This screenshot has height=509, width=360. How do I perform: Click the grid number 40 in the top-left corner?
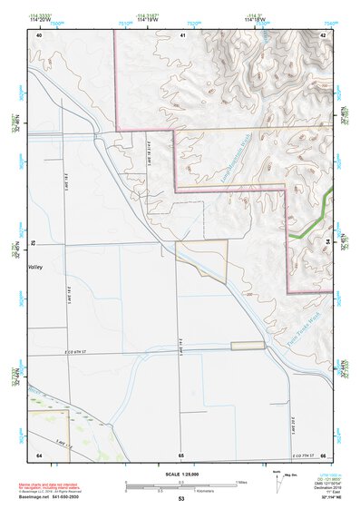(x=39, y=34)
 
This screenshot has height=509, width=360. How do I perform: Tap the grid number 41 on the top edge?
(x=182, y=34)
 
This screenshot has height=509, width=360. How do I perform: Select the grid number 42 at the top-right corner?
(x=323, y=34)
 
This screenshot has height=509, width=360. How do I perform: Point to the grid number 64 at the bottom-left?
(x=39, y=455)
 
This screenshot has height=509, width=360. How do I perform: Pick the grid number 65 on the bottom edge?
(x=181, y=455)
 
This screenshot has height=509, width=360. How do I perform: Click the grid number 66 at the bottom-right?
(x=323, y=455)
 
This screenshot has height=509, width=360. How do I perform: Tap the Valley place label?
(x=36, y=268)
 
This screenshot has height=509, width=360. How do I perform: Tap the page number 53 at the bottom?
(x=181, y=500)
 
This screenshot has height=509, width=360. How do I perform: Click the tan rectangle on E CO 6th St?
(x=247, y=345)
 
